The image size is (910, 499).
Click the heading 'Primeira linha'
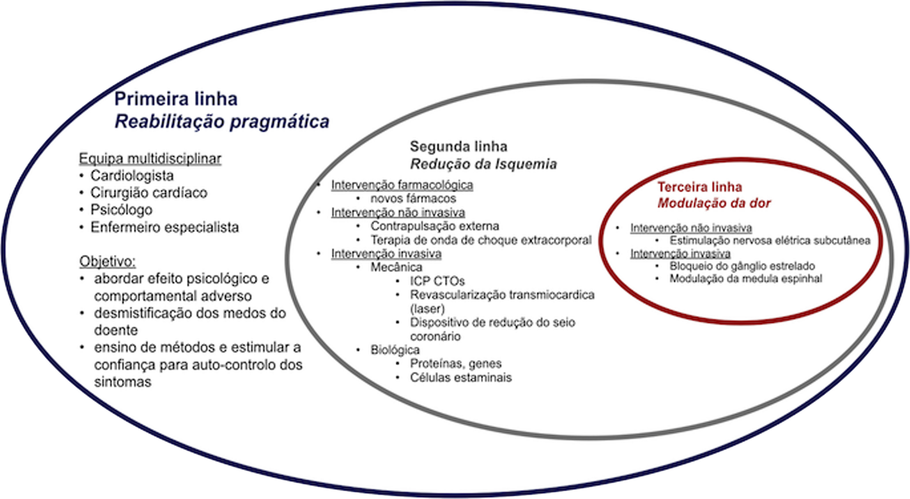176,99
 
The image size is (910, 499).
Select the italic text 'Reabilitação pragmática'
222,122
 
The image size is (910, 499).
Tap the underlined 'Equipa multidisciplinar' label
150,159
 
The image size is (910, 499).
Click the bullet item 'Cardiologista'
132,176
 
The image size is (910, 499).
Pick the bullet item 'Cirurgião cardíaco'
149,193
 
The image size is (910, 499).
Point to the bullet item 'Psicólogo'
121,210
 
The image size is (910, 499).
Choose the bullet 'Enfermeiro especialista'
165,227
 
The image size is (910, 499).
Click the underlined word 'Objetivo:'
107,262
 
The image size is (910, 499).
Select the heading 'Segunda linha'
459,147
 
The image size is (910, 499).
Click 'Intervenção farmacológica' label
402,185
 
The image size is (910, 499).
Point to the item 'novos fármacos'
413,199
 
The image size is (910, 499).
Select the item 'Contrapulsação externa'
434,226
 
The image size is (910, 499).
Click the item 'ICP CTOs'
437,281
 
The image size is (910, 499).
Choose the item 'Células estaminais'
461,377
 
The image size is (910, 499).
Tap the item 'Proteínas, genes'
456,363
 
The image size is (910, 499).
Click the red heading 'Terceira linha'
699,187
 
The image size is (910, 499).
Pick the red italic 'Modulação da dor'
713,203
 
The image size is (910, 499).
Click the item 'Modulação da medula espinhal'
746,279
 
